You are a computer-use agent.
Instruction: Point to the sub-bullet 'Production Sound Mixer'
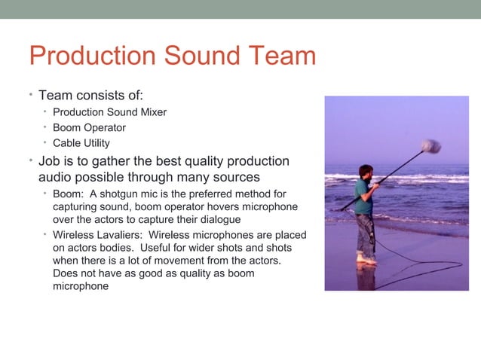point(109,112)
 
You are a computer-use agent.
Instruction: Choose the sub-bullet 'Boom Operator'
point(89,127)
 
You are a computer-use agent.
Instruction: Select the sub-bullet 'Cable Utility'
point(81,142)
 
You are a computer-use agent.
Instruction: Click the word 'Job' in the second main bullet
point(51,162)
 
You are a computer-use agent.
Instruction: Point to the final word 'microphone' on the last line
point(81,286)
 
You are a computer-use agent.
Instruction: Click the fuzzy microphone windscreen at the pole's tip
point(432,145)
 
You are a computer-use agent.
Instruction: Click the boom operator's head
point(366,172)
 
